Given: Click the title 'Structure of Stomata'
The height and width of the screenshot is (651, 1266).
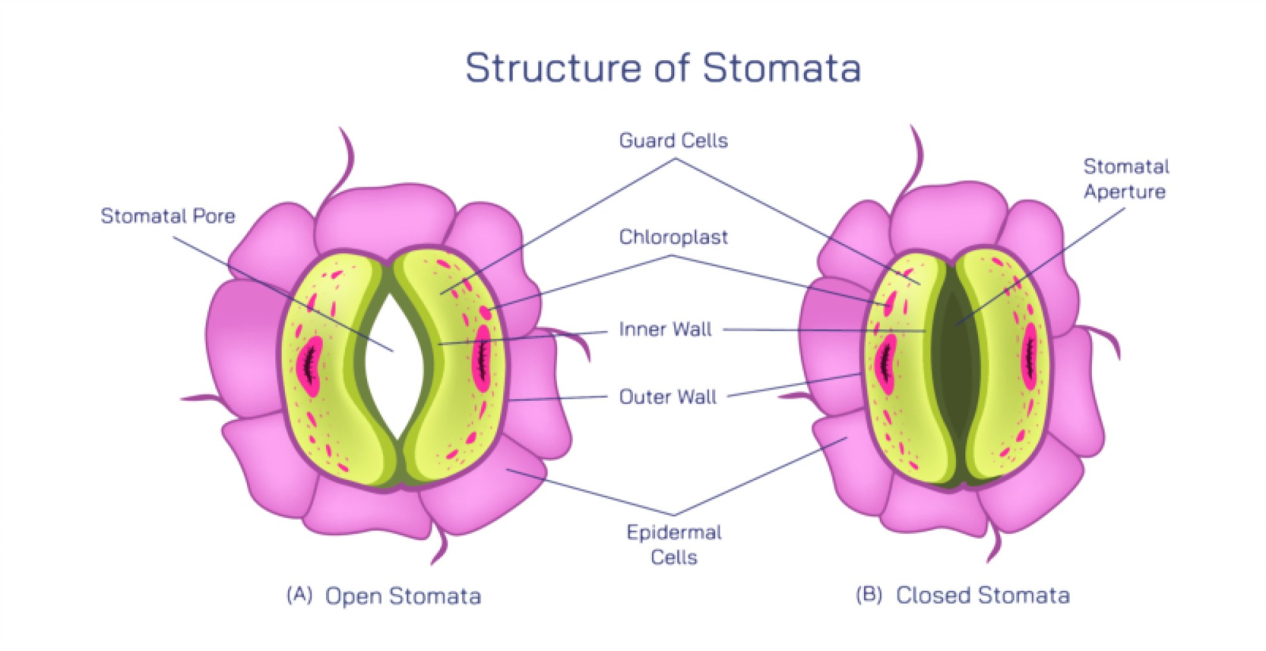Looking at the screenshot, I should click(663, 68).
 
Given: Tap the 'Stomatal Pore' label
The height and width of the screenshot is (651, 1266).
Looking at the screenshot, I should click(168, 216).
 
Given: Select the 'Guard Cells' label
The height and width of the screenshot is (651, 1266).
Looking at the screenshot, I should click(673, 141).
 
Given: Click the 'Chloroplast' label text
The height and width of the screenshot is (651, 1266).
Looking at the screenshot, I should click(673, 237).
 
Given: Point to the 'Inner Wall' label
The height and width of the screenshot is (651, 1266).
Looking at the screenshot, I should click(665, 329).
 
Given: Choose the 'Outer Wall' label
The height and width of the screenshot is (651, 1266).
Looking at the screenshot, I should click(667, 397).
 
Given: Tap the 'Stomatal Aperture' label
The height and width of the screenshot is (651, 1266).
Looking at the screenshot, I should click(1125, 179).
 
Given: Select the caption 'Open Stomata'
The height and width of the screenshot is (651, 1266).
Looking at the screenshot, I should click(403, 596).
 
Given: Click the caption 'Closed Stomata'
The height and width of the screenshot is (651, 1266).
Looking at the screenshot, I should click(982, 595).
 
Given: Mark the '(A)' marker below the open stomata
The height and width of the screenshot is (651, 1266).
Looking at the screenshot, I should click(299, 595).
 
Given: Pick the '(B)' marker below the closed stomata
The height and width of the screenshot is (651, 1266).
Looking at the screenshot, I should click(868, 595).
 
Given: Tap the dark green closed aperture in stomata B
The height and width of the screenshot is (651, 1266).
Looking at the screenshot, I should click(956, 367).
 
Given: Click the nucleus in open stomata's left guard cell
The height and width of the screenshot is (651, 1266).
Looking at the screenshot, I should click(311, 365).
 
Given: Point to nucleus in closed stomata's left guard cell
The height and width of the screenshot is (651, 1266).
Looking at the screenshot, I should click(885, 363).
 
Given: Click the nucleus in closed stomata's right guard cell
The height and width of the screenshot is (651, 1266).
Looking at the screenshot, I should click(1030, 355).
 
